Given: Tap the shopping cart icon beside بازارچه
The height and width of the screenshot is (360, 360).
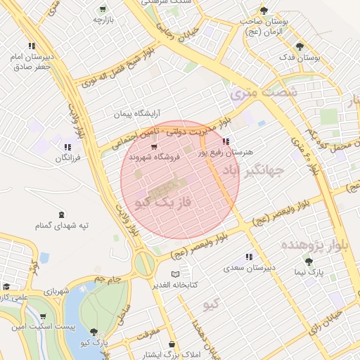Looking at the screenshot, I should (103, 10).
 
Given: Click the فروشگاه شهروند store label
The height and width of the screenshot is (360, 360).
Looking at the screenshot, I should (173, 157).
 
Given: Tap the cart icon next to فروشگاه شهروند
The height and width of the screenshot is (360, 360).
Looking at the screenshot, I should (154, 146).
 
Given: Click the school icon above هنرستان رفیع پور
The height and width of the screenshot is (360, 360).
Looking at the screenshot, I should (225, 142).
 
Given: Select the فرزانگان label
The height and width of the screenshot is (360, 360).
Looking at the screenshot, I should (68, 158).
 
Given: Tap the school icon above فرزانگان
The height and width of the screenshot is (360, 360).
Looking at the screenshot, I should (68, 148).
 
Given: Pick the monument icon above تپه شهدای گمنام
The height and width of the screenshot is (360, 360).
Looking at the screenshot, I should (62, 214).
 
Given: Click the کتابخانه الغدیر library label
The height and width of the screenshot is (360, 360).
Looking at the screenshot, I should (175, 285).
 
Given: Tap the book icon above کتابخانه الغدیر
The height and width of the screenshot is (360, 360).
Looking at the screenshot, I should (176, 274).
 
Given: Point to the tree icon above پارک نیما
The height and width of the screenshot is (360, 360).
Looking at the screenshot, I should (309, 262).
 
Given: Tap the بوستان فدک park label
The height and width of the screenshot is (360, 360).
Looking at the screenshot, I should (300, 57).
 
